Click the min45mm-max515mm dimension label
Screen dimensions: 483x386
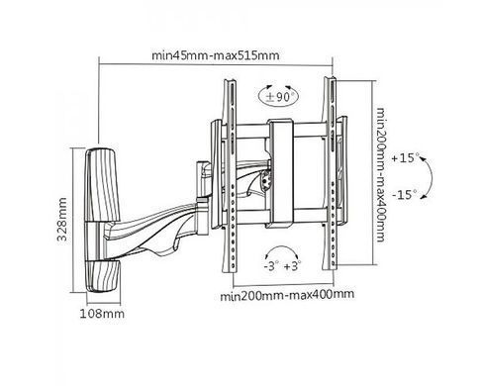216,55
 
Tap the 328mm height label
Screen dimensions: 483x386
62,220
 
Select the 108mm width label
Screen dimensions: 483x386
102,314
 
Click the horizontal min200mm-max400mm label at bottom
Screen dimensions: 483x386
287,294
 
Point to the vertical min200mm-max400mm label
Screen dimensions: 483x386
381,174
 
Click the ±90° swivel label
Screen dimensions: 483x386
279,97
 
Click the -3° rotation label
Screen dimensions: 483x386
271,266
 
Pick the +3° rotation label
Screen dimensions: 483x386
292,266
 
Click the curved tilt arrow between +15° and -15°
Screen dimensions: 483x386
432,178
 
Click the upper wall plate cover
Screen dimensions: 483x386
101,185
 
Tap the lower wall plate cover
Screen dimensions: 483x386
103,276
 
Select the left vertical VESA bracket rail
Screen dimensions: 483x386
230,175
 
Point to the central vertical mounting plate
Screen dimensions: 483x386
280,174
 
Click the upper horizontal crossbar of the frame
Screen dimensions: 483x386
280,131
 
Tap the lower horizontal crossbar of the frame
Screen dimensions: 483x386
280,217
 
